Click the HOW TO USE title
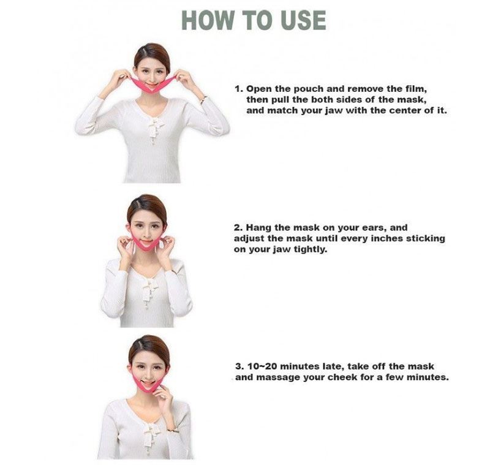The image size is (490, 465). pos(254,20)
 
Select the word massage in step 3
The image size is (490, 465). pos(276,377)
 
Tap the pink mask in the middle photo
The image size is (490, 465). pos(146,244)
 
